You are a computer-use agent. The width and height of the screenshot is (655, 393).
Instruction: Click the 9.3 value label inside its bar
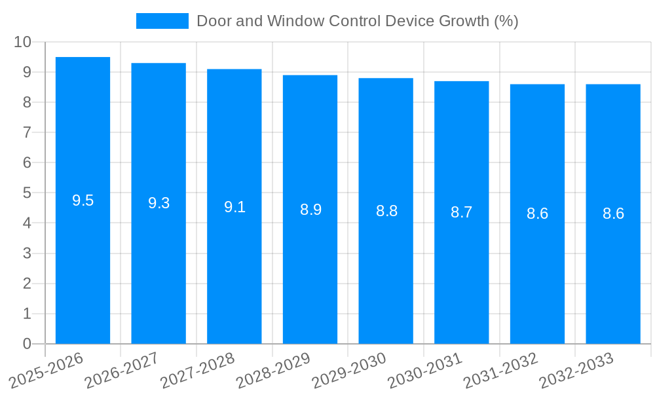pyautogui.click(x=159, y=203)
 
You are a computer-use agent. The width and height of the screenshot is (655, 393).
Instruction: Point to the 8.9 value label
pyautogui.click(x=310, y=210)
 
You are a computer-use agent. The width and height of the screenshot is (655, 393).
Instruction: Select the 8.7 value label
pyautogui.click(x=461, y=212)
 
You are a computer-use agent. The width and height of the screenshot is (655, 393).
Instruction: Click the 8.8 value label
pyautogui.click(x=386, y=211)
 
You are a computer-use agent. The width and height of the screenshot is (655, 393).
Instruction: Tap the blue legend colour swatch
pyautogui.click(x=162, y=21)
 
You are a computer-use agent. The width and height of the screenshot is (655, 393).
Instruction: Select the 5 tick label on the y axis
pyautogui.click(x=27, y=193)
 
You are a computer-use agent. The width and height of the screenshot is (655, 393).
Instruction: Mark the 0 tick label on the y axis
pyautogui.click(x=27, y=344)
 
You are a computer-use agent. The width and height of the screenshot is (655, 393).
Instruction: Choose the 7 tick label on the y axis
pyautogui.click(x=27, y=132)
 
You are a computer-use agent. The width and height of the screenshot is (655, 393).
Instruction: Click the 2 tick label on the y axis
pyautogui.click(x=27, y=284)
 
